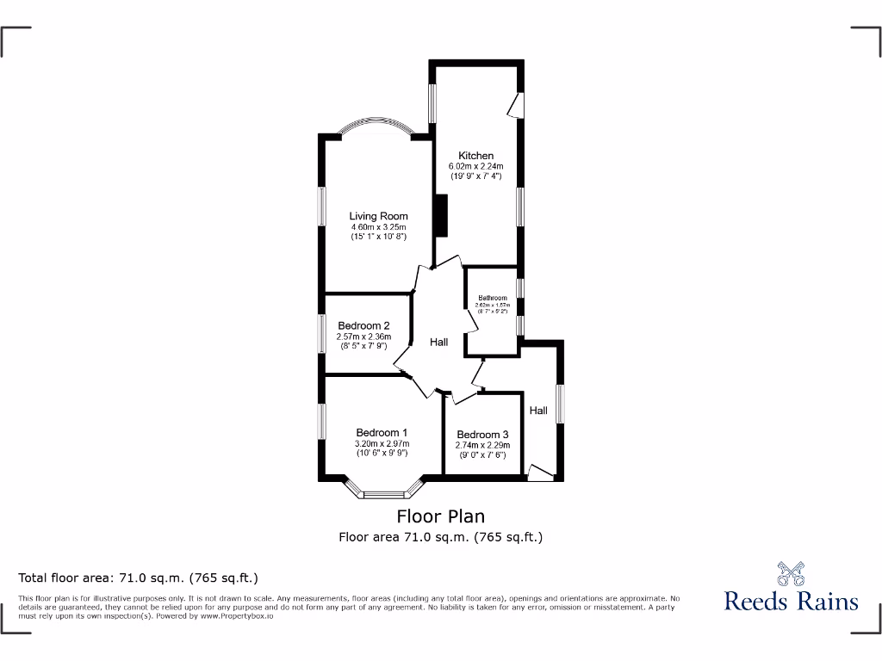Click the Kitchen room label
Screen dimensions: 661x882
[475, 156]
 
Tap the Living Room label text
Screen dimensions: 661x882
[378, 216]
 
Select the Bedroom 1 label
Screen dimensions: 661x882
[382, 433]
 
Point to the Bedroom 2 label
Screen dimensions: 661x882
[363, 325]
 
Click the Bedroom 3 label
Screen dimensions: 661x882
[482, 435]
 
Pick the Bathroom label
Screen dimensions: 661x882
[493, 298]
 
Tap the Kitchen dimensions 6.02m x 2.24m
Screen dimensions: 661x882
[475, 166]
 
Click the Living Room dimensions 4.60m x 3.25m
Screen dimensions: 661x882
[378, 226]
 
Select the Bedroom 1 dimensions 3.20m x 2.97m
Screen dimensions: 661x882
[382, 444]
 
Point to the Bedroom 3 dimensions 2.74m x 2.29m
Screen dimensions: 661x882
[482, 445]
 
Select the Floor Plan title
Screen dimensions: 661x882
[440, 516]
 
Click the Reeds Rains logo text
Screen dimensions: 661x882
[791, 601]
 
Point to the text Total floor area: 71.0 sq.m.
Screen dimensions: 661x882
[138, 578]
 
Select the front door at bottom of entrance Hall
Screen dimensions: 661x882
[541, 473]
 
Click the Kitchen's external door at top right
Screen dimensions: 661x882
[516, 105]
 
